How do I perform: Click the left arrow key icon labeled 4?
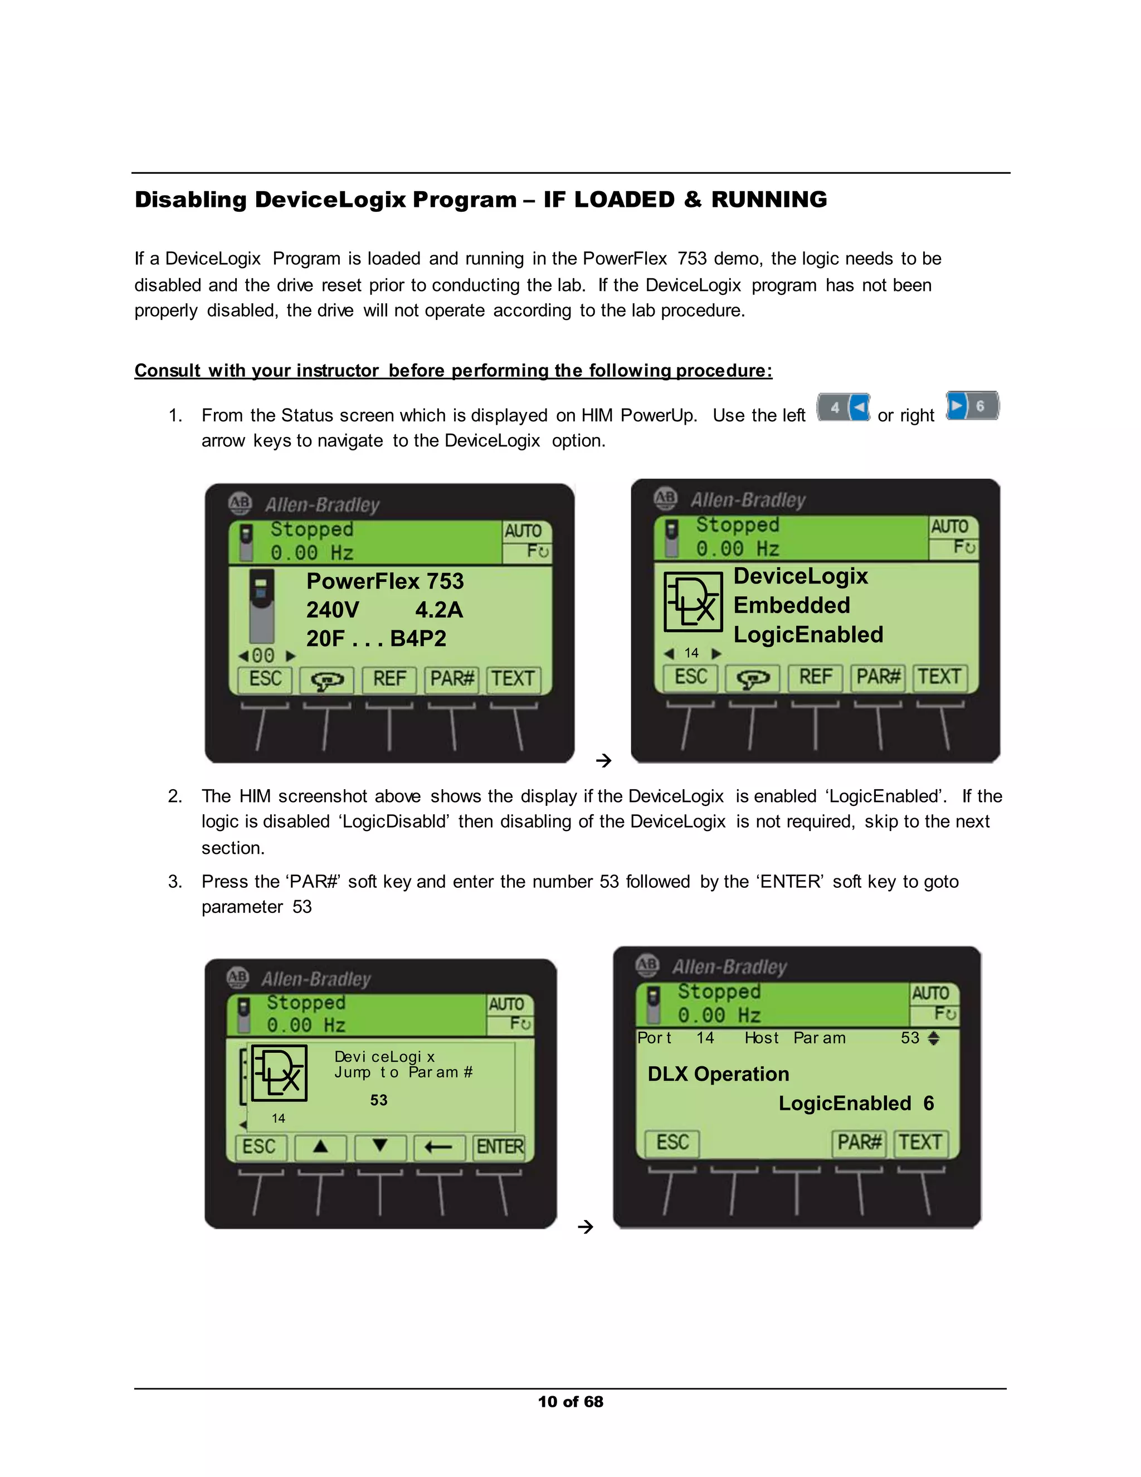coord(843,407)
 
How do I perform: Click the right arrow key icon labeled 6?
coord(971,406)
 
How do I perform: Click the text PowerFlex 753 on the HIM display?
coord(384,581)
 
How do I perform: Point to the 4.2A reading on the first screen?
coord(438,610)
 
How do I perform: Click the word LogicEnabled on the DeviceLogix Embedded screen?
coord(808,634)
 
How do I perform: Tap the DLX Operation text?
coord(718,1074)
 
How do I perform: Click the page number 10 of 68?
coord(570,1402)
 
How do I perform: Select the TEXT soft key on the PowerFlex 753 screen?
coord(513,678)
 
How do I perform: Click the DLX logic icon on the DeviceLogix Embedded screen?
coord(692,602)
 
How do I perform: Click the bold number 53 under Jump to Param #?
coord(378,1100)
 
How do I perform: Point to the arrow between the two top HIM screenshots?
coord(603,761)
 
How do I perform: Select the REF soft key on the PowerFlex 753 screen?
coord(389,678)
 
